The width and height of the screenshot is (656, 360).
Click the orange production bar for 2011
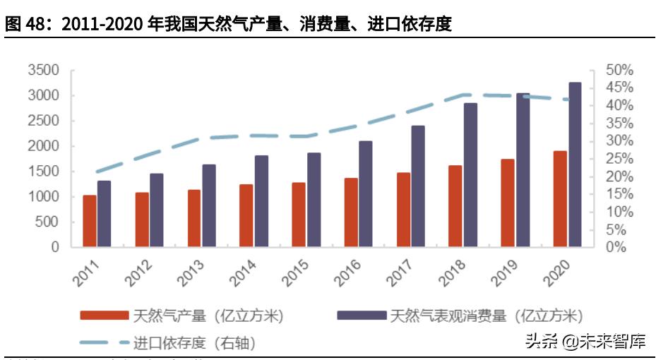[x=90, y=221]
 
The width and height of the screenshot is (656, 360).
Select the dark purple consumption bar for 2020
[x=576, y=164]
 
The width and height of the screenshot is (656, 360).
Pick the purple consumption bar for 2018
[x=471, y=175]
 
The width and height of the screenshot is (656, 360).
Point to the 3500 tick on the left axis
[x=44, y=71]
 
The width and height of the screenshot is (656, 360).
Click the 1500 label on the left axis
[x=44, y=172]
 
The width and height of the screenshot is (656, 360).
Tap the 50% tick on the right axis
[x=619, y=71]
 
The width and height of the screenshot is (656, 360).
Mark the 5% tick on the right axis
[x=619, y=229]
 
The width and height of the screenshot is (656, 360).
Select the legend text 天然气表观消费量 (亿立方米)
[x=487, y=316]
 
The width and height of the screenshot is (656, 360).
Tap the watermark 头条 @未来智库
[x=585, y=342]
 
